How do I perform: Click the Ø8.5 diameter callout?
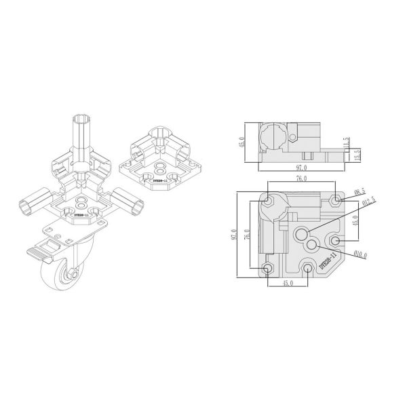click(x=360, y=193)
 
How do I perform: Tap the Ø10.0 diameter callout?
click(x=359, y=255)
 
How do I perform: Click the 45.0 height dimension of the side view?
click(x=240, y=142)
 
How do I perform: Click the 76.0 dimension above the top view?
click(x=302, y=179)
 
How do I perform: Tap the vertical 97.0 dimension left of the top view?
click(x=234, y=235)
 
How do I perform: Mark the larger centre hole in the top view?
click(x=301, y=235)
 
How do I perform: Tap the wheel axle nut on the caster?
click(x=70, y=275)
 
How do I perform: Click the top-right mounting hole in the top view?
click(x=335, y=201)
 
